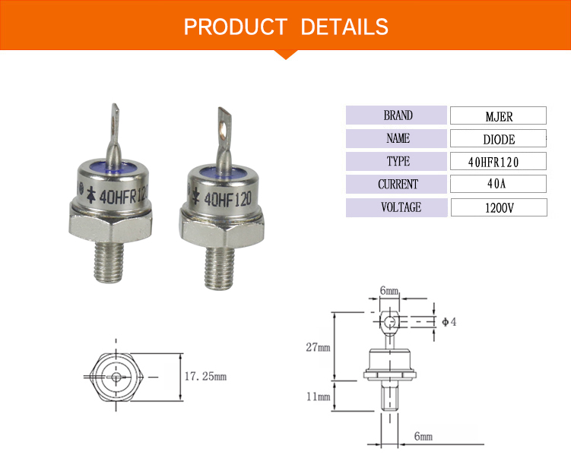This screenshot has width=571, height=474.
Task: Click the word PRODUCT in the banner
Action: [x=236, y=27]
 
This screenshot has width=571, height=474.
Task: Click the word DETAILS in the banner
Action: [x=344, y=27]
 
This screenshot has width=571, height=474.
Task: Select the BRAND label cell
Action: [x=396, y=115]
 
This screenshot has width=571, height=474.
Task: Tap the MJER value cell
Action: [x=498, y=115]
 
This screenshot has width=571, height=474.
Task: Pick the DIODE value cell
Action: [x=498, y=138]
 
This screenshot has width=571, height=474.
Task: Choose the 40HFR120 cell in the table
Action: [x=498, y=161]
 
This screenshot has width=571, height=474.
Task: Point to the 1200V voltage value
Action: [x=499, y=207]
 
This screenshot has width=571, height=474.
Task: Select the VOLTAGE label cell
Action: [x=397, y=207]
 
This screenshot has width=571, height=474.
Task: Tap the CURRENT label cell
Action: [x=396, y=184]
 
